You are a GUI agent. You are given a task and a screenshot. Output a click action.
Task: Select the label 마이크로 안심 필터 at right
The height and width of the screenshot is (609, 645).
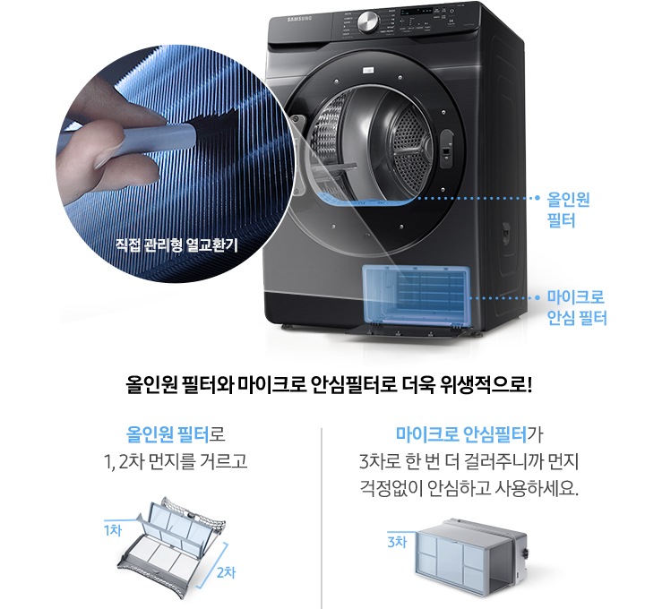click(578, 307)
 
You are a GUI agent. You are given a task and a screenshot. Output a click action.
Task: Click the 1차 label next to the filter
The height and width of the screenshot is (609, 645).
click(112, 530)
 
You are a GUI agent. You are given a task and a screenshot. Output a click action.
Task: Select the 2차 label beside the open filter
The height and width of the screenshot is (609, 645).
click(226, 572)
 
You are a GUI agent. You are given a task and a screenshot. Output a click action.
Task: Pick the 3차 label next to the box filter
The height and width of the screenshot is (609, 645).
click(395, 543)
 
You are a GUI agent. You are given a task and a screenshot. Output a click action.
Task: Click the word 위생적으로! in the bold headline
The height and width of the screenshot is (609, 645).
click(492, 387)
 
